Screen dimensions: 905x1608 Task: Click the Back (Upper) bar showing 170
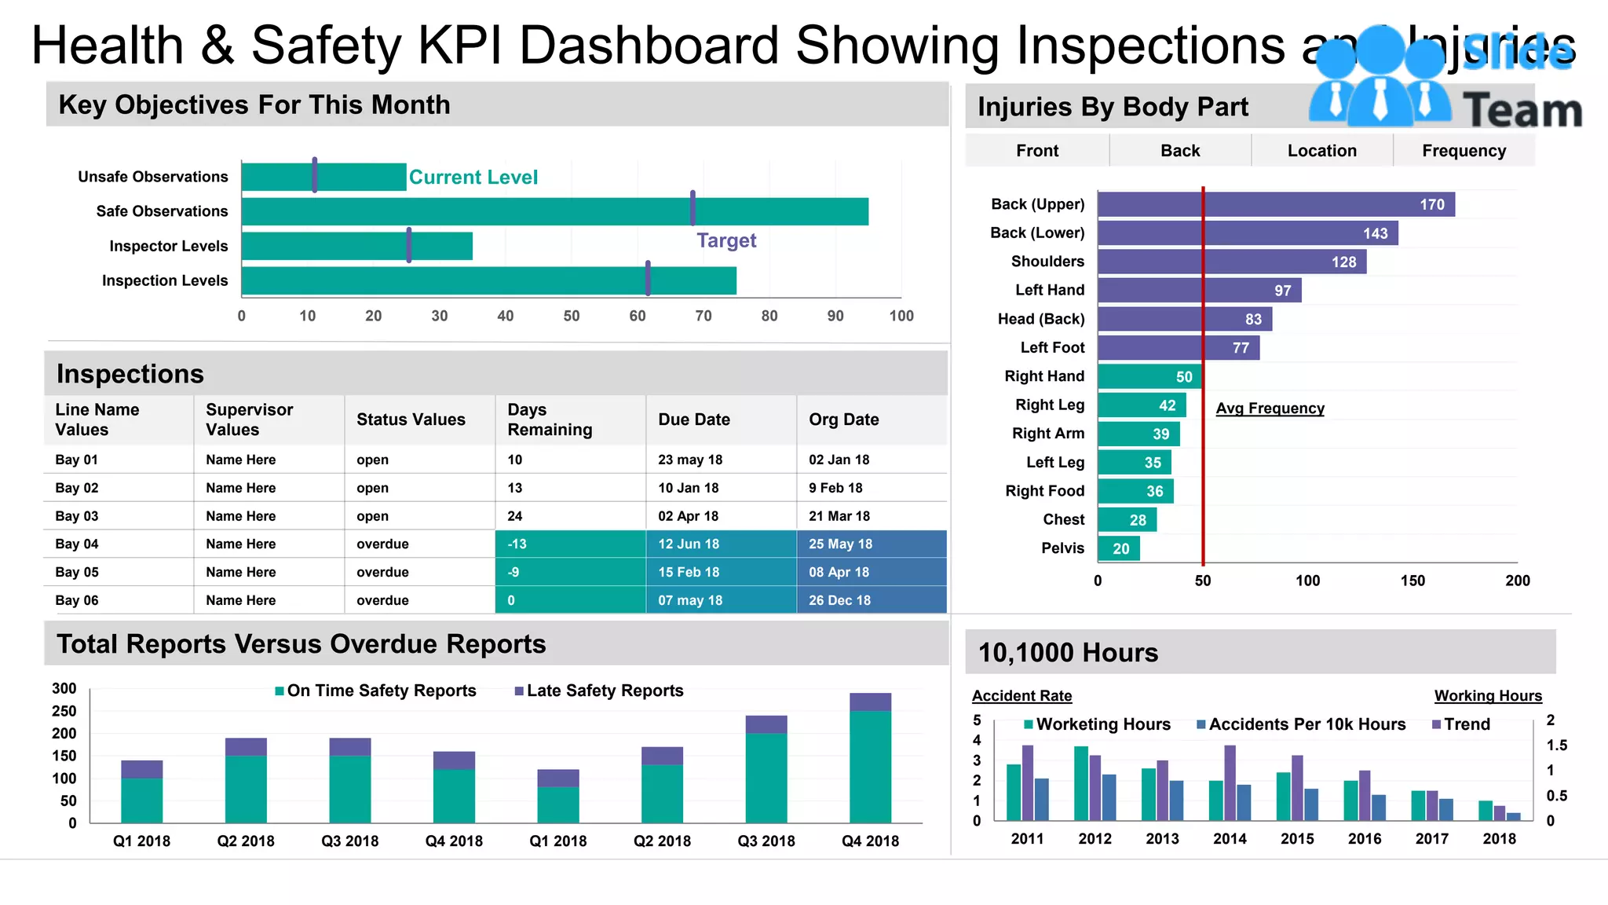pos(1275,205)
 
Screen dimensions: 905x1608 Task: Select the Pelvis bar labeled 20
pos(1119,548)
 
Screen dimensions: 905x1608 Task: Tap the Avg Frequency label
pos(1270,409)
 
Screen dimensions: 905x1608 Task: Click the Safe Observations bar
pos(554,211)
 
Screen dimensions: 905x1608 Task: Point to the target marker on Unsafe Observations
pos(315,175)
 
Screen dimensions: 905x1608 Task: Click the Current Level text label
pos(473,178)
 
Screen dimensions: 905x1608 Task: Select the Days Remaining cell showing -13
pos(570,544)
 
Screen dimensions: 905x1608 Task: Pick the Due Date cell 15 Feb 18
pos(721,572)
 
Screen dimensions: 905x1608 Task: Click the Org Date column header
pos(843,420)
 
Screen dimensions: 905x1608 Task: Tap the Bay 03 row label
pos(77,516)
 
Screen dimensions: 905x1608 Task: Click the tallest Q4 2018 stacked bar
pos(870,758)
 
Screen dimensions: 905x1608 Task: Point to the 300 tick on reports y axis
pos(64,689)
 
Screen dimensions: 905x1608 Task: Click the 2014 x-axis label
pos(1230,839)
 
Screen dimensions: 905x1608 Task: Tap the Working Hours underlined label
pos(1488,696)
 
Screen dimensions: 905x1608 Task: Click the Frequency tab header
pos(1464,151)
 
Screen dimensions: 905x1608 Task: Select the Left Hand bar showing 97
pos(1199,291)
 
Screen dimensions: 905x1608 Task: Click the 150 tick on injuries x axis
pos(1412,581)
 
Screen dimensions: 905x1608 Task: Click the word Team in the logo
pos(1522,110)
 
